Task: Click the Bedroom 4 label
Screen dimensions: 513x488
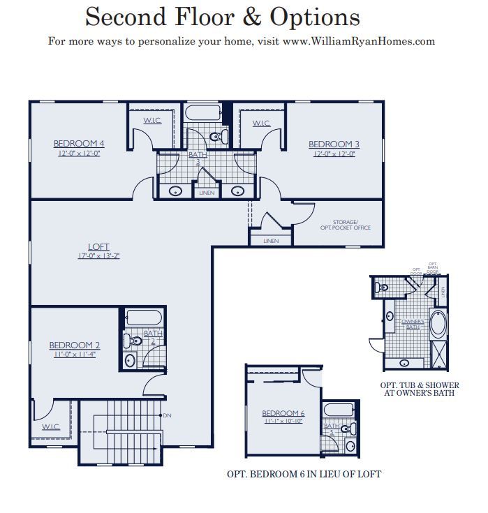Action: (79, 143)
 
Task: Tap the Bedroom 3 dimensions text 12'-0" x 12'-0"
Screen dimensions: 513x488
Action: (334, 154)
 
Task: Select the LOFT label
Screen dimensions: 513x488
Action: (98, 246)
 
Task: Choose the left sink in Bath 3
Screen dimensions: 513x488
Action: (177, 190)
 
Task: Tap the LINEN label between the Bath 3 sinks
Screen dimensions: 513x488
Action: (207, 193)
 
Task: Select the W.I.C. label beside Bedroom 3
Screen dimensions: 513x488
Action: (262, 124)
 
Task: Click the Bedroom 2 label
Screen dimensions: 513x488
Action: (74, 345)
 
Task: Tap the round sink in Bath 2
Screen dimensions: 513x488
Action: (129, 361)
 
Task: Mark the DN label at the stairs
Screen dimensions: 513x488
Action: (167, 416)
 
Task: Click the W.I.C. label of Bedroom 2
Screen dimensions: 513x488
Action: (50, 426)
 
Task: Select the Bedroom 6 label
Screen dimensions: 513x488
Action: (283, 412)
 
